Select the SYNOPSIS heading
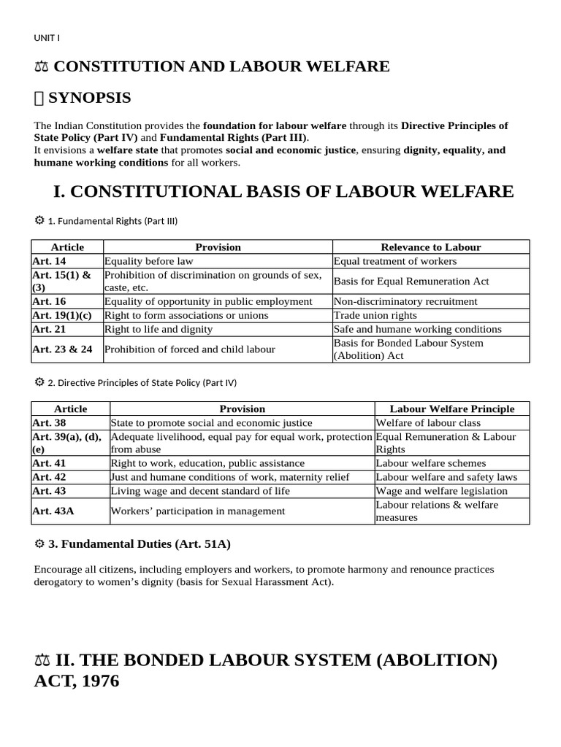(91, 98)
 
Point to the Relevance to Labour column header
(431, 247)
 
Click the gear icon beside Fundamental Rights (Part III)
(39, 220)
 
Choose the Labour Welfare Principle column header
(451, 409)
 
